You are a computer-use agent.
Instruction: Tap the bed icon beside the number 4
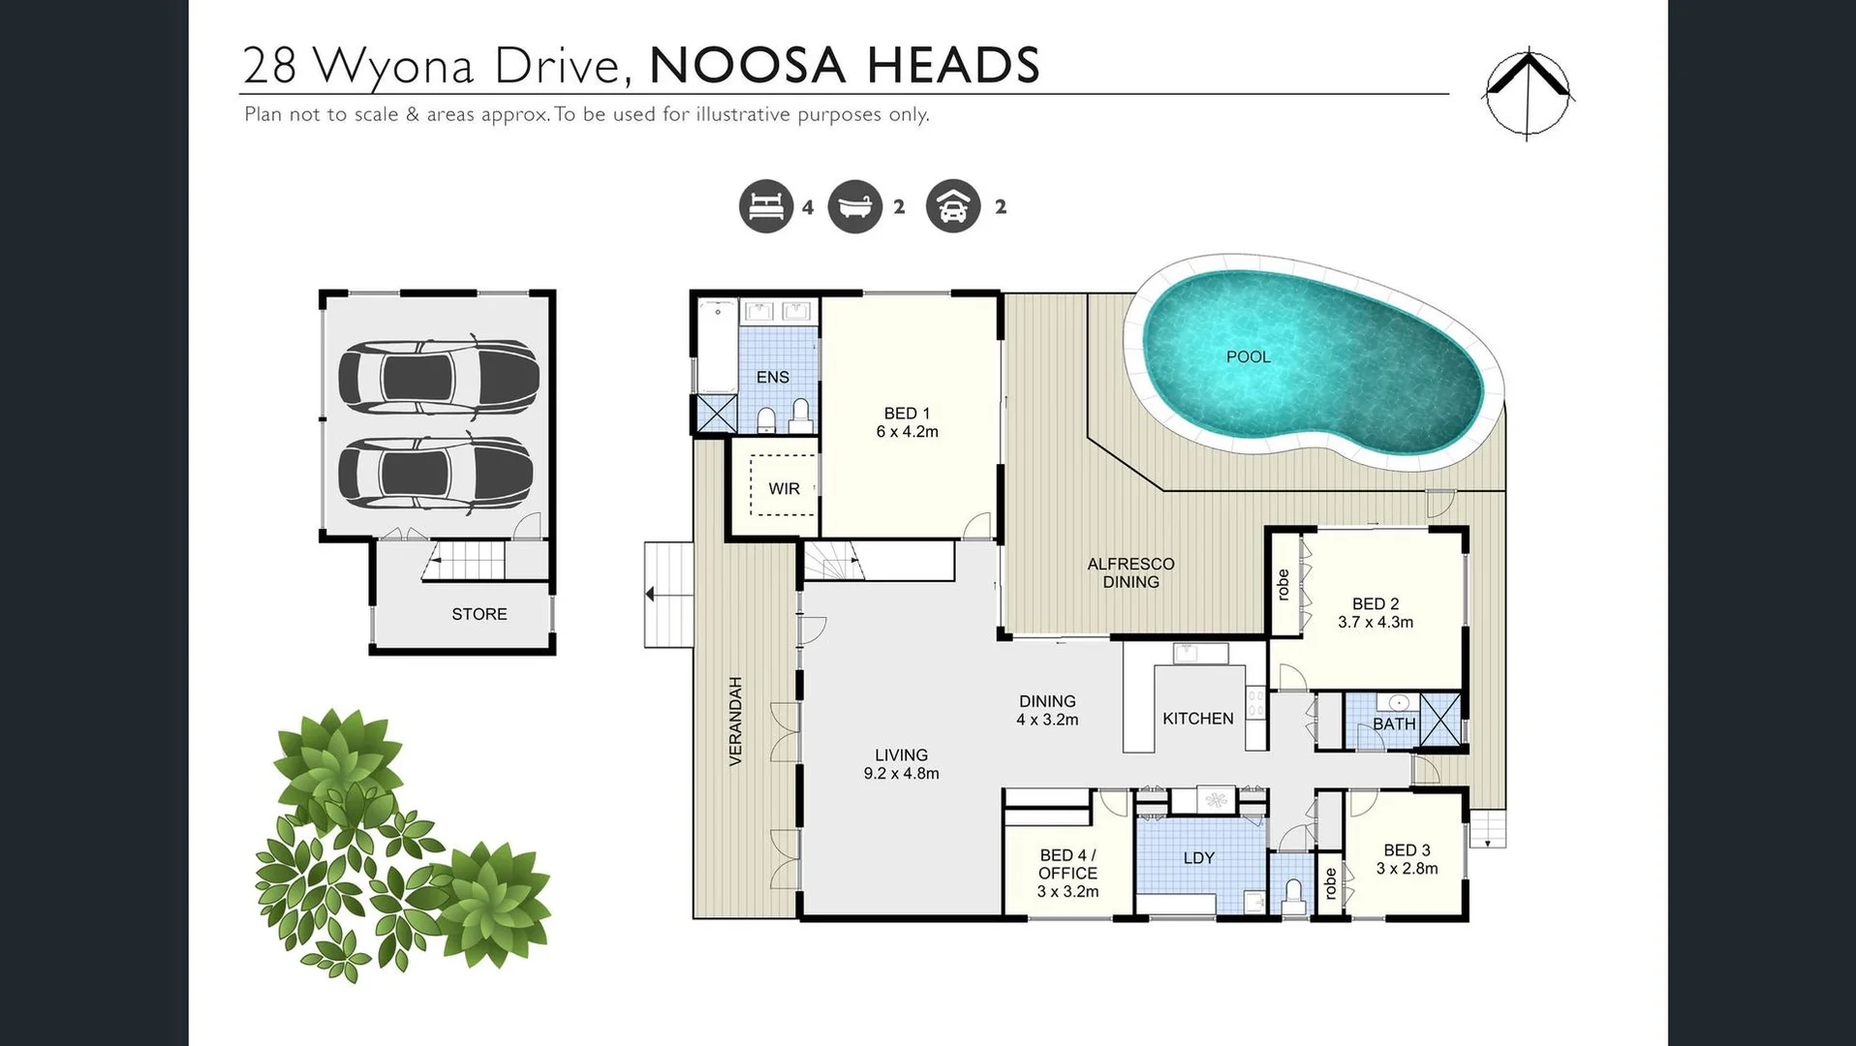pos(765,206)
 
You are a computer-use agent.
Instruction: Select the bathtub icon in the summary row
pos(854,206)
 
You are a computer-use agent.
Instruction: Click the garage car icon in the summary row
pos(953,206)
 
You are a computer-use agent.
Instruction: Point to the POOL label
pos(1248,356)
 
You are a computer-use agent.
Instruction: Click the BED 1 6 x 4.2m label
pos(907,422)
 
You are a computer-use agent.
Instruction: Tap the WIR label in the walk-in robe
pos(784,488)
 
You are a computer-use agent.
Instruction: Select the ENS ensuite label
pos(772,377)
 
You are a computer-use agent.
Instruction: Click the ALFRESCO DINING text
pos(1130,572)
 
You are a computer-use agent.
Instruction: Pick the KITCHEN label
pos(1197,718)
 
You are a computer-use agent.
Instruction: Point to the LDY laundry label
pos(1198,857)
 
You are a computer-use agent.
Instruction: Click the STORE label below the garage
pos(479,614)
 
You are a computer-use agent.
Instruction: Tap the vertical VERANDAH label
pos(735,721)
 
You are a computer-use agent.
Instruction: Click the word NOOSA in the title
pos(747,66)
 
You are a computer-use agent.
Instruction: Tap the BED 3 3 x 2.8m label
pos(1407,859)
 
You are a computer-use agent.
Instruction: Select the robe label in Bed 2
pos(1284,584)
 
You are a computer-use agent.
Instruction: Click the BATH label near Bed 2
pos(1393,723)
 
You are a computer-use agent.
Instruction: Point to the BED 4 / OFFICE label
pos(1067,873)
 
